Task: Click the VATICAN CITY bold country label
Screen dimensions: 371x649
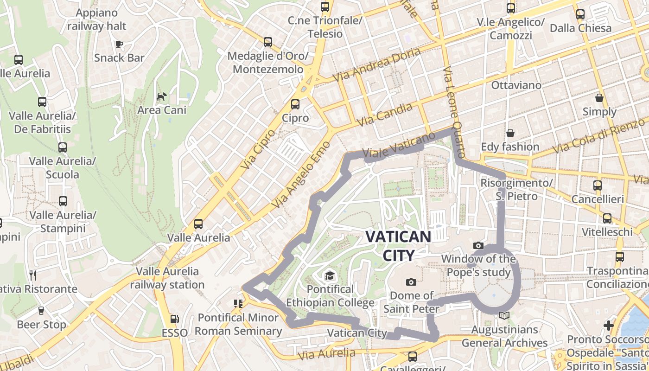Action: click(x=398, y=246)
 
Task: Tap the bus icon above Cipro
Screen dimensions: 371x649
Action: click(x=295, y=104)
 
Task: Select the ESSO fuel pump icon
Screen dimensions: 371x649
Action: click(x=175, y=319)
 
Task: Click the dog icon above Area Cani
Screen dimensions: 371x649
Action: click(x=161, y=96)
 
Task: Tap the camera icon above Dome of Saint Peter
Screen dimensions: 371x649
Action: click(x=411, y=282)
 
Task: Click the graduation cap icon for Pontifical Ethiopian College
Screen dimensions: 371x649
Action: click(x=330, y=275)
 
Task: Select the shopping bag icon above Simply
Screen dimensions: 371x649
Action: click(x=599, y=98)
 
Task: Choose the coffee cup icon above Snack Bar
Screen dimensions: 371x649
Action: click(x=119, y=44)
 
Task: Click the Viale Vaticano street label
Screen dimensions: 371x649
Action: click(x=399, y=145)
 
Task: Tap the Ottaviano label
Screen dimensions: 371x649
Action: click(x=516, y=85)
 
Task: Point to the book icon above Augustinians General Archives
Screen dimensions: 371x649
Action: click(x=504, y=316)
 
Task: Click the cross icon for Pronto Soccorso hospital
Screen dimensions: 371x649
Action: click(x=609, y=326)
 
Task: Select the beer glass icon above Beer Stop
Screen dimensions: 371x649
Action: click(x=41, y=311)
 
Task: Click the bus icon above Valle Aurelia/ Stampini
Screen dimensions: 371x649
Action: click(x=63, y=201)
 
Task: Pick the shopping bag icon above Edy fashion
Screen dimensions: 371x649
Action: click(x=510, y=133)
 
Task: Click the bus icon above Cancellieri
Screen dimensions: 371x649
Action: click(x=597, y=185)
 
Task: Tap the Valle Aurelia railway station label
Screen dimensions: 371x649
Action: click(x=167, y=278)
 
